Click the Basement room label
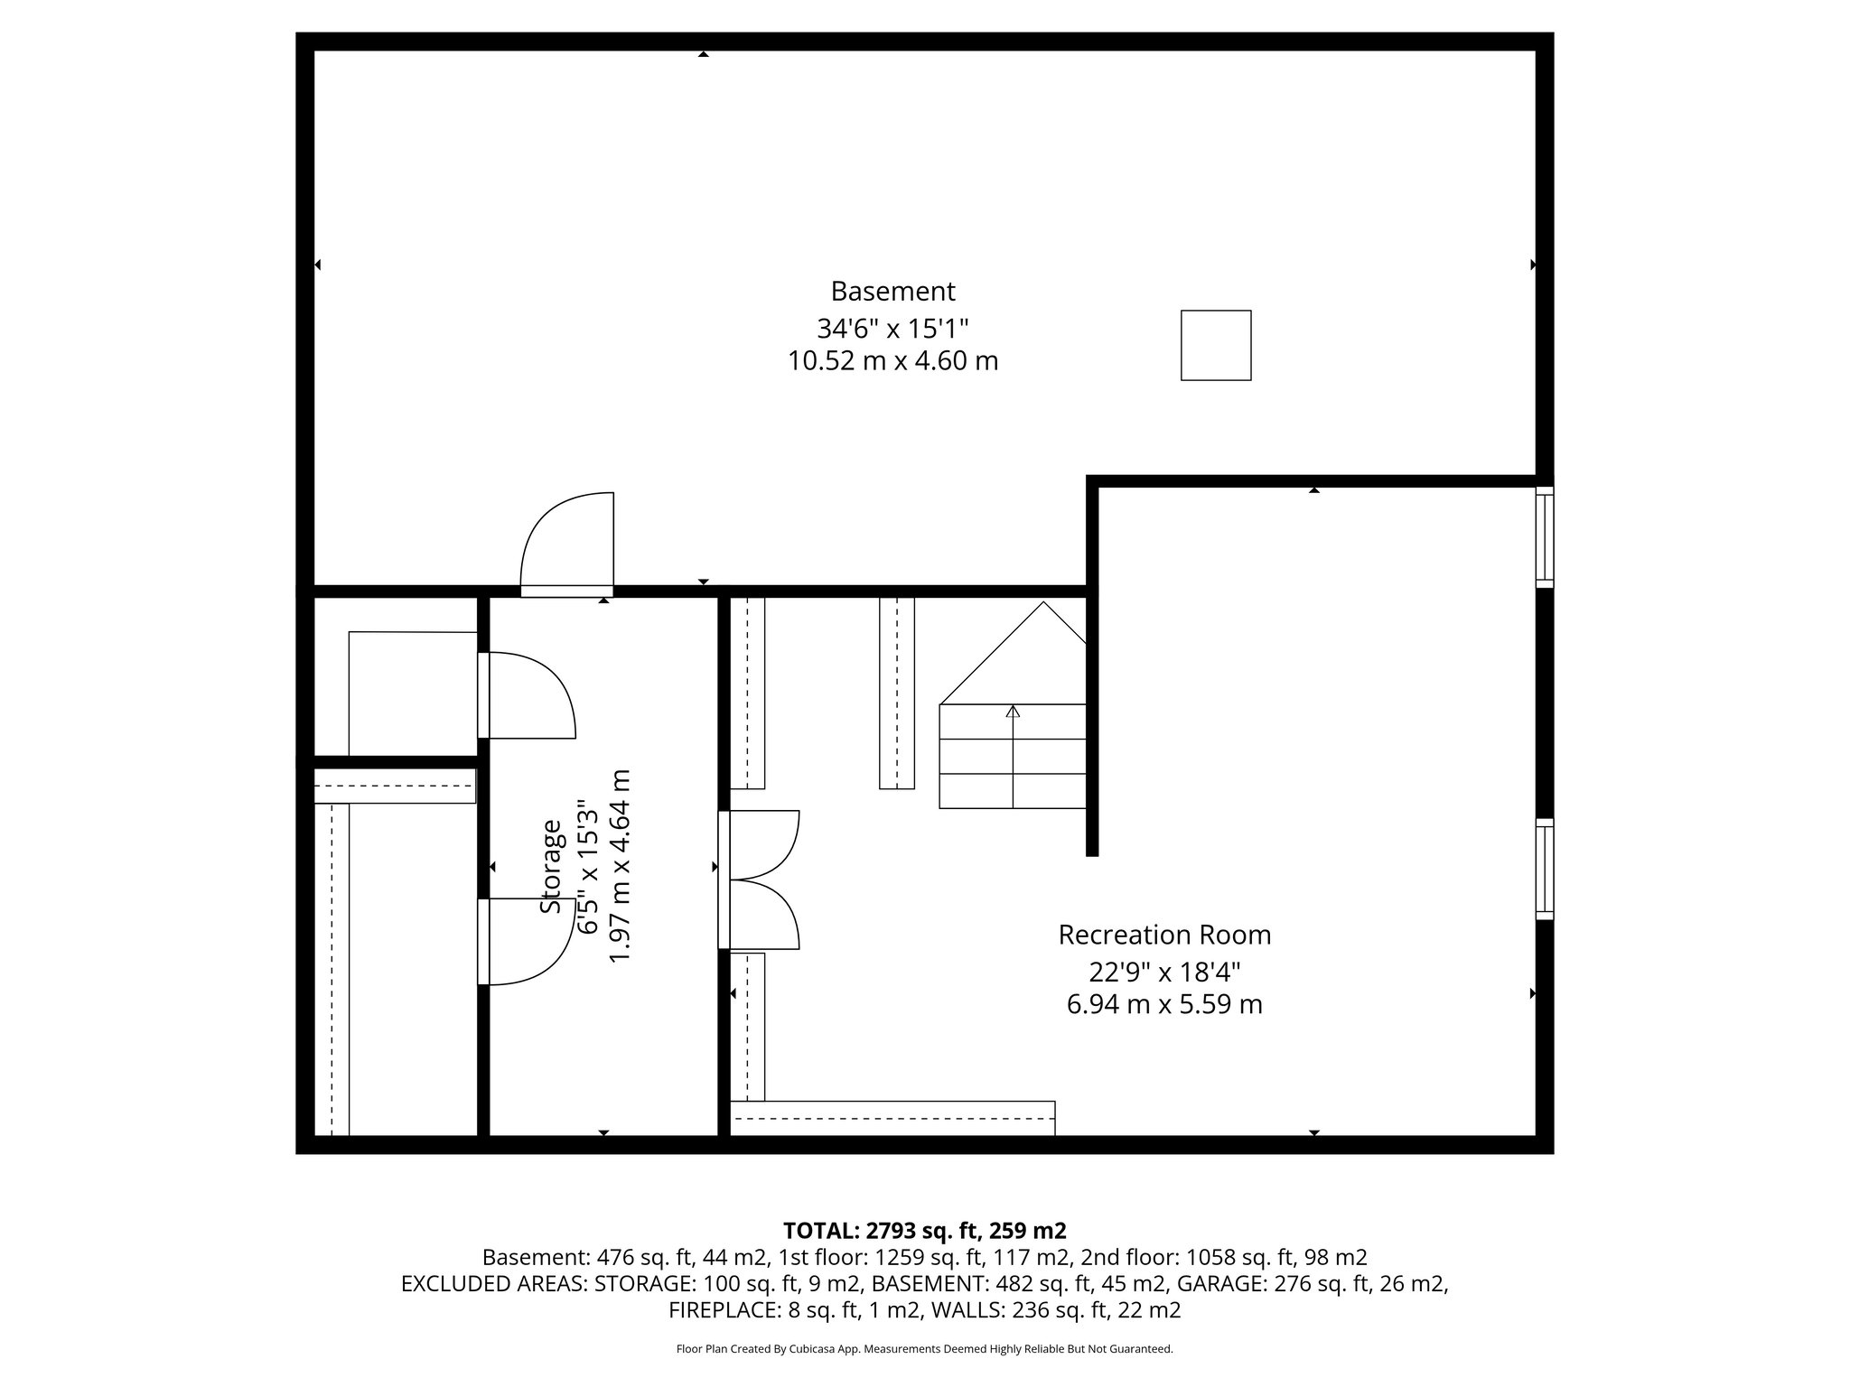coord(892,292)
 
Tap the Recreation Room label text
coord(1164,935)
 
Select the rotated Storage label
coord(551,866)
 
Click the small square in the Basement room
coord(1216,345)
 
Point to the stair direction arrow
coord(1013,713)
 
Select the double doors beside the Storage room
coord(761,880)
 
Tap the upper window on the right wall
coord(1545,537)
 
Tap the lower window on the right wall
coord(1545,869)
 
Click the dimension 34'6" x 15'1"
coord(892,327)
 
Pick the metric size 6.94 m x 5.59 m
coord(1164,1004)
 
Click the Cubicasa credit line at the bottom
coord(924,1349)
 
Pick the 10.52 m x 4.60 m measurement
coord(892,361)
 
